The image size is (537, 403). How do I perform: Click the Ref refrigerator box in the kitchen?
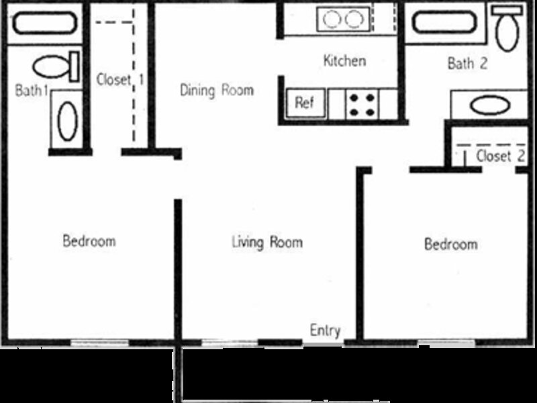point(305,103)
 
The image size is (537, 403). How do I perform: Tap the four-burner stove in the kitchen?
point(362,104)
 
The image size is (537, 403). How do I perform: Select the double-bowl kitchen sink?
point(343,19)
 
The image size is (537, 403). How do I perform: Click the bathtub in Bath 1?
point(45,24)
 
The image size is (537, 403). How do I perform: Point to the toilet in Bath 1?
point(56,66)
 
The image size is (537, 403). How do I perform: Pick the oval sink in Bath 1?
point(67,121)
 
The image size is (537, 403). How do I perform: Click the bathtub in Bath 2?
point(444,23)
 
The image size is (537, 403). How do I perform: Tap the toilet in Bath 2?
point(507,28)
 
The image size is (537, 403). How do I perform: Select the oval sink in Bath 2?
point(490,105)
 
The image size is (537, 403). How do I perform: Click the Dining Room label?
point(217,91)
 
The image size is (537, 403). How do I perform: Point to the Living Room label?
point(267,242)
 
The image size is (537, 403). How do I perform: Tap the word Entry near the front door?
point(325,330)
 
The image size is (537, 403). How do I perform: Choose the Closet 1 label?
point(120,79)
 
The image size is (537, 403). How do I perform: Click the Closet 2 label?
point(500,156)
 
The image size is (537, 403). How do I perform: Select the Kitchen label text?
point(344,60)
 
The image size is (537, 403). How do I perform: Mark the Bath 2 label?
point(467,63)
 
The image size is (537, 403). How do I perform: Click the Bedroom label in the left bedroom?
point(89,241)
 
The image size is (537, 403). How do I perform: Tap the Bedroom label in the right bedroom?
point(450,244)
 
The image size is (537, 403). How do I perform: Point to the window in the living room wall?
point(230,343)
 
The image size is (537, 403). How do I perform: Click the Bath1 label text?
point(31,91)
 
